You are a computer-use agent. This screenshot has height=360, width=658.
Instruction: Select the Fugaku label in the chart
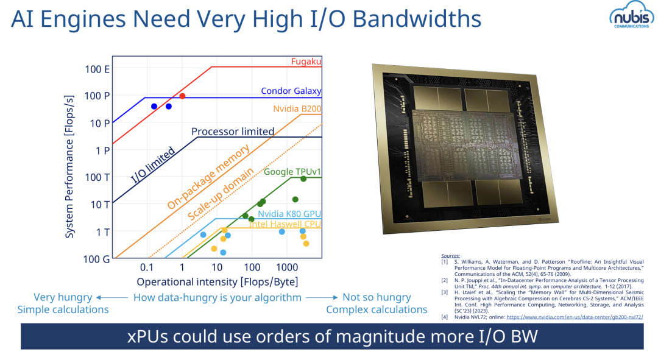(306, 62)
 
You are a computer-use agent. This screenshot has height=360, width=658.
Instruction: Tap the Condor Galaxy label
(291, 91)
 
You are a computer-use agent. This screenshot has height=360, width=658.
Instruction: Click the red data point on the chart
(182, 96)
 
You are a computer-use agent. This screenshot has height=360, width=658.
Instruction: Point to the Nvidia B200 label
(297, 109)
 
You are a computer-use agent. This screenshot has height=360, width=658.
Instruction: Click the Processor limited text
(233, 132)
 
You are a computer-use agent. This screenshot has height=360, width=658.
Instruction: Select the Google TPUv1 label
(292, 172)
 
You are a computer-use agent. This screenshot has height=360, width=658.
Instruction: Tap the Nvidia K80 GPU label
(289, 214)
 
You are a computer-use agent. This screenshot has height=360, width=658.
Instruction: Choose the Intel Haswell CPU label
(285, 225)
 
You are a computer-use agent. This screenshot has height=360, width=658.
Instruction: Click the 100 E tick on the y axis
(97, 69)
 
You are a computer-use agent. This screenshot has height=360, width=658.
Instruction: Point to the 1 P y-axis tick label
(102, 150)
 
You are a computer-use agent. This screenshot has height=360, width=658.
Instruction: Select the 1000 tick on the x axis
(285, 267)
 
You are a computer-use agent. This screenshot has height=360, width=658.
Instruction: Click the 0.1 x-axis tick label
(146, 267)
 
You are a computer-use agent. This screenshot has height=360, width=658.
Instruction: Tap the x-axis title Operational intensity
(217, 282)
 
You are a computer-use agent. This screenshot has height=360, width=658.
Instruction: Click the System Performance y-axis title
(69, 164)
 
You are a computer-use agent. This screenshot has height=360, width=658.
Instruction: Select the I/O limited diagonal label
(154, 165)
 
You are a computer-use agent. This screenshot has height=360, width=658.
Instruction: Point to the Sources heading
(451, 256)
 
